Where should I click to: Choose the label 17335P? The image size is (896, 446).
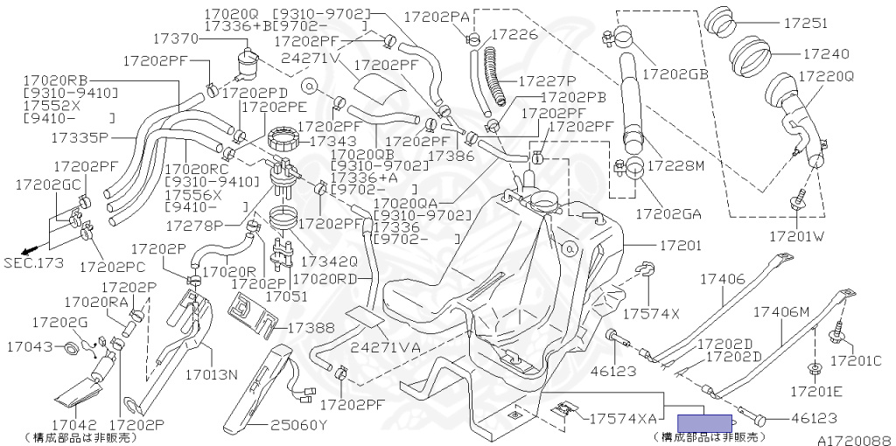pyautogui.click(x=79, y=137)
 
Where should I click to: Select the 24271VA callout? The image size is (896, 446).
pyautogui.click(x=386, y=347)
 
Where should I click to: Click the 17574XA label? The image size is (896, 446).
pyautogui.click(x=622, y=418)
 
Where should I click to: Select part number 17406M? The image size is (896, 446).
pyautogui.click(x=782, y=312)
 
